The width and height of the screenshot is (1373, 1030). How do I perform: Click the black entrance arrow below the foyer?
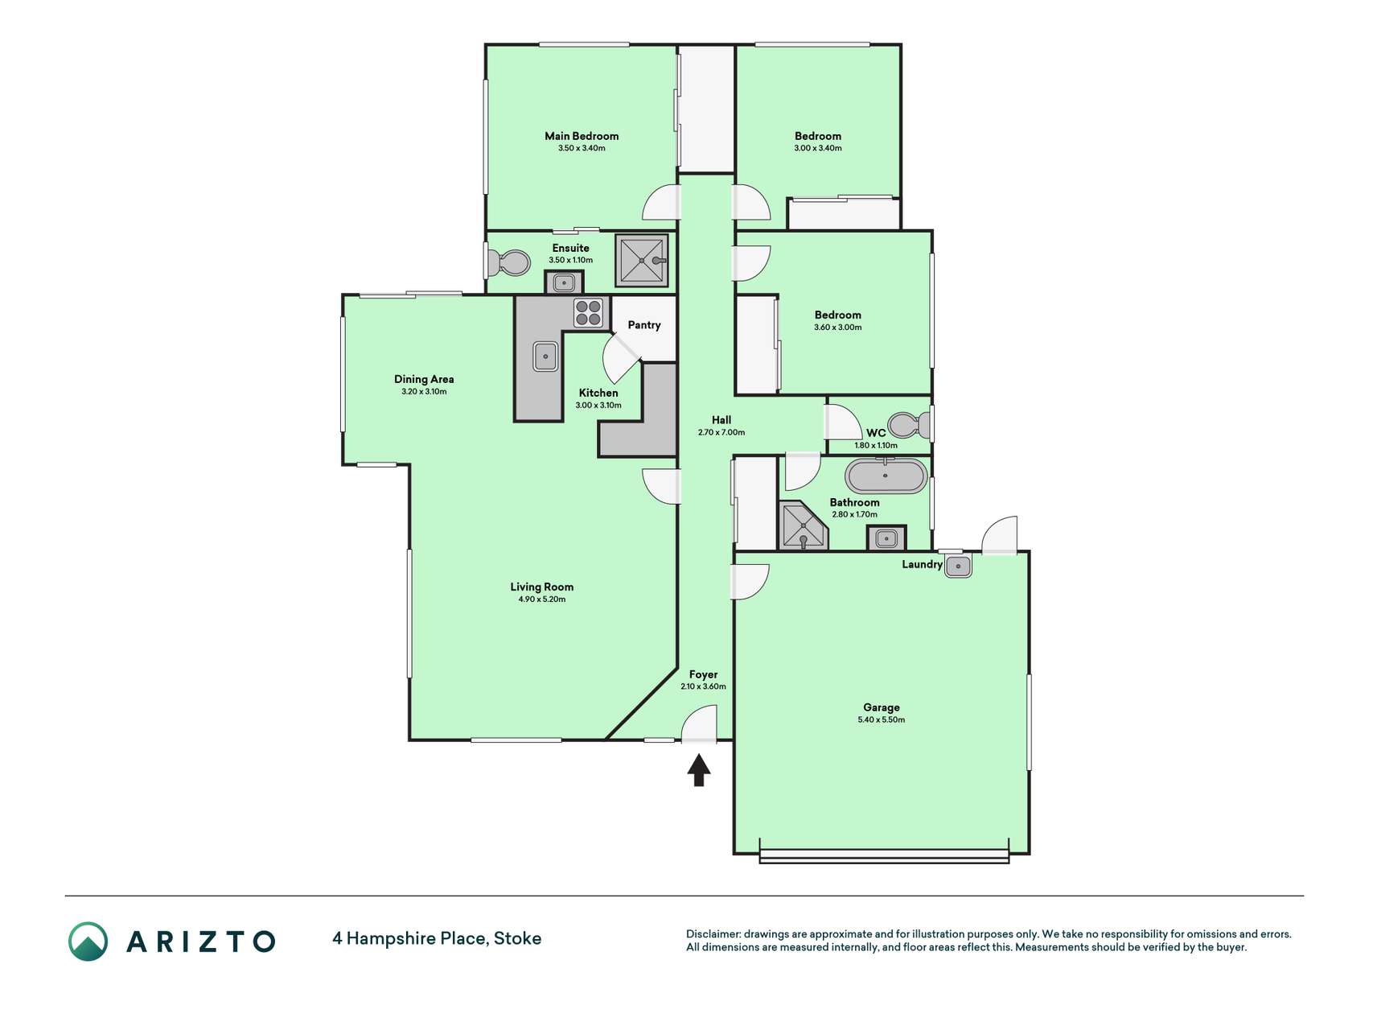699,770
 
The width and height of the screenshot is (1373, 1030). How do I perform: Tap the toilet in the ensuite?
508,262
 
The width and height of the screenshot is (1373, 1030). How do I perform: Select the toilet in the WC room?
909,424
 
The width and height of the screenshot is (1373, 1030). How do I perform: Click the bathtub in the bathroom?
886,476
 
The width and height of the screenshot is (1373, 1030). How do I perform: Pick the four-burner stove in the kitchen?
589,312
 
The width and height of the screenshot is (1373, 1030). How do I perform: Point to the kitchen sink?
545,356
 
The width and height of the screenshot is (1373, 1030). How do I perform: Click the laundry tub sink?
958,566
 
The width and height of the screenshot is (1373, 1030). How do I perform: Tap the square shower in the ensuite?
642,260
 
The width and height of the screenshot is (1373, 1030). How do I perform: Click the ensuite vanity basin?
565,282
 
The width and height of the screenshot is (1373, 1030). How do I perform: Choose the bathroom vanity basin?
886,538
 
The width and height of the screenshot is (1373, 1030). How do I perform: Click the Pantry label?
644,325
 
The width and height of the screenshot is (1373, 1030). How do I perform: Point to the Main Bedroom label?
582,136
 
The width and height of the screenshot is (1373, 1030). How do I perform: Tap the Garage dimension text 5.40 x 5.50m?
882,720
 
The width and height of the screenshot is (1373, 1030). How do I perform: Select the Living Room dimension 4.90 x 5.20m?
542,599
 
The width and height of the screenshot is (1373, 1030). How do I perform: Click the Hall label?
721,420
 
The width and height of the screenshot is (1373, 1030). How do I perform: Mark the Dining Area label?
424,379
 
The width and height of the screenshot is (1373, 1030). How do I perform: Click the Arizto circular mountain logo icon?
88,941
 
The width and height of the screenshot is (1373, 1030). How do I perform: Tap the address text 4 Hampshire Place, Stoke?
437,938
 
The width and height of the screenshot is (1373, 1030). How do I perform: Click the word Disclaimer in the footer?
713,934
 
